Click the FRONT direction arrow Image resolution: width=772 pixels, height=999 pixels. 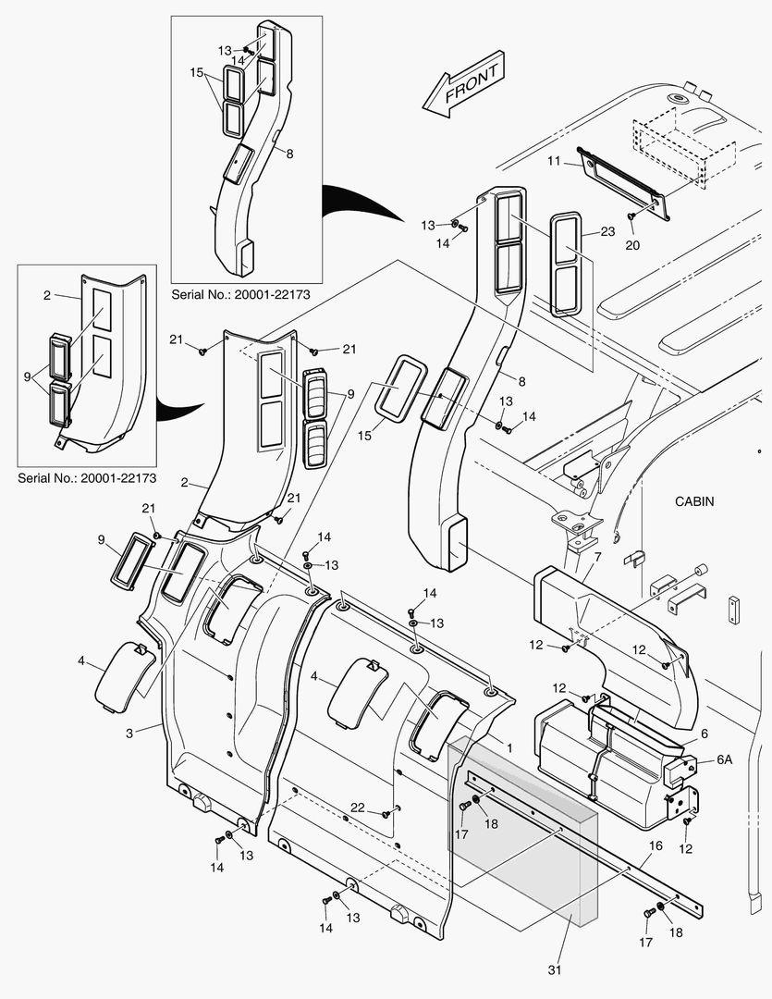pos(460,89)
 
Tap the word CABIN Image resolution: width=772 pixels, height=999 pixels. pos(694,501)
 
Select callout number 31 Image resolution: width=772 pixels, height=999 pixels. pos(555,969)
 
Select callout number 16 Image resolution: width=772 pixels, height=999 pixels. pos(656,845)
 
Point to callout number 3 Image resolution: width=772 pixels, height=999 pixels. pos(130,732)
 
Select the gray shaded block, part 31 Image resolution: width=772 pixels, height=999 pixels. pos(522,832)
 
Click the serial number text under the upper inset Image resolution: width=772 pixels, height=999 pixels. pos(240,293)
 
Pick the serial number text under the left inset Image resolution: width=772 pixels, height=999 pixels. pos(87,478)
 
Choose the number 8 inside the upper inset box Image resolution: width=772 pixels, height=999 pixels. pos(289,154)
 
